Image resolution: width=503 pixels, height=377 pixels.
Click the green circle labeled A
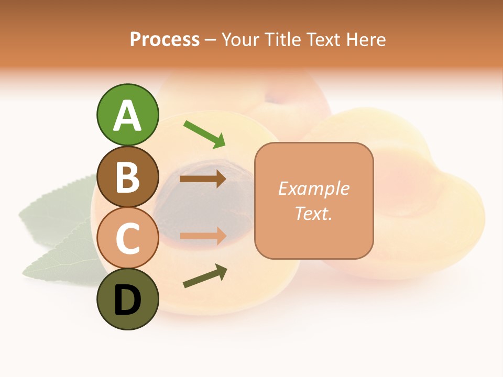click(127, 115)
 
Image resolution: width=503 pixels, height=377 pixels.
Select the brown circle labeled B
click(127, 176)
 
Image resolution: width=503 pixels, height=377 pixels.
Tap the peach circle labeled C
click(127, 238)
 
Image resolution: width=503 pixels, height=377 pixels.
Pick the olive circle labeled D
click(127, 299)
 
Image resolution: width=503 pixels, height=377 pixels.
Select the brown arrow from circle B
click(203, 179)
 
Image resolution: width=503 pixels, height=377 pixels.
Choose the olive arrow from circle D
click(205, 276)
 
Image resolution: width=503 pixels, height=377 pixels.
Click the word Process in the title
click(165, 39)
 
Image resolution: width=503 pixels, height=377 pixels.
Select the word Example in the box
click(313, 188)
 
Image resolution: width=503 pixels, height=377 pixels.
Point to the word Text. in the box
click(313, 213)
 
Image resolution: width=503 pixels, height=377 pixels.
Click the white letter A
click(127, 116)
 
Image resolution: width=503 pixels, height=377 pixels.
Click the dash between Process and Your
click(210, 40)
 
